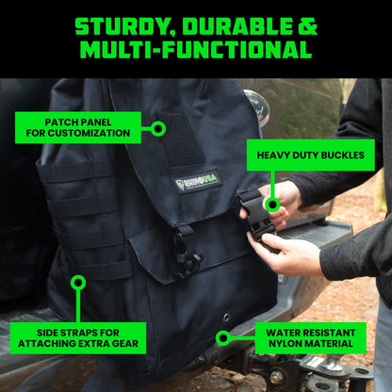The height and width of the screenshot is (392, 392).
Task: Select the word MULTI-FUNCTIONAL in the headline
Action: [x=195, y=50]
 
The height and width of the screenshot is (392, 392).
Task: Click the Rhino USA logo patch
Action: [x=197, y=182]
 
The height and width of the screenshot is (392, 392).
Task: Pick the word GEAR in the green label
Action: [x=123, y=344]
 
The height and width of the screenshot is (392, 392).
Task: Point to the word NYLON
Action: [x=284, y=344]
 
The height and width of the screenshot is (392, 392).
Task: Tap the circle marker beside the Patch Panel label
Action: [x=158, y=128]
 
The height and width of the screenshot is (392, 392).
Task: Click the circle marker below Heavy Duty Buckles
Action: [x=272, y=203]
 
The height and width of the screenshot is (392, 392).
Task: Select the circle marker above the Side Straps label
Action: [x=78, y=283]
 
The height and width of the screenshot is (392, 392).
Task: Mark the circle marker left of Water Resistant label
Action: [x=223, y=337]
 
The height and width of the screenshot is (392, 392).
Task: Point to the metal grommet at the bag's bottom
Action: [x=226, y=318]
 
